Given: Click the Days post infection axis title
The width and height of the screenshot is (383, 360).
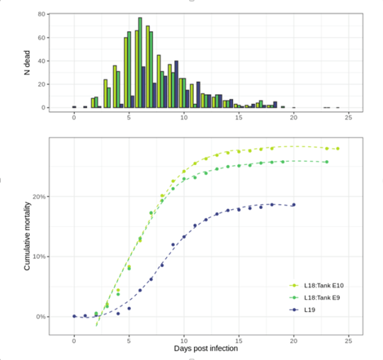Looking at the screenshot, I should tap(206, 349).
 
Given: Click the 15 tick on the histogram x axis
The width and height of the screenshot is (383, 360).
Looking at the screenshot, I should tap(239, 117).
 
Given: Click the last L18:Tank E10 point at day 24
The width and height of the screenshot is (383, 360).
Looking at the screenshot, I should tap(338, 149).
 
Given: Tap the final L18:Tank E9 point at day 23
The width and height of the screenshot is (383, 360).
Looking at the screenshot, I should tap(326, 162).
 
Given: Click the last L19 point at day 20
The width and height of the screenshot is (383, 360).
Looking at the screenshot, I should tap(294, 205).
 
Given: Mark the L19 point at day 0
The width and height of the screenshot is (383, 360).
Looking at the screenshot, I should tap(74, 316).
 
